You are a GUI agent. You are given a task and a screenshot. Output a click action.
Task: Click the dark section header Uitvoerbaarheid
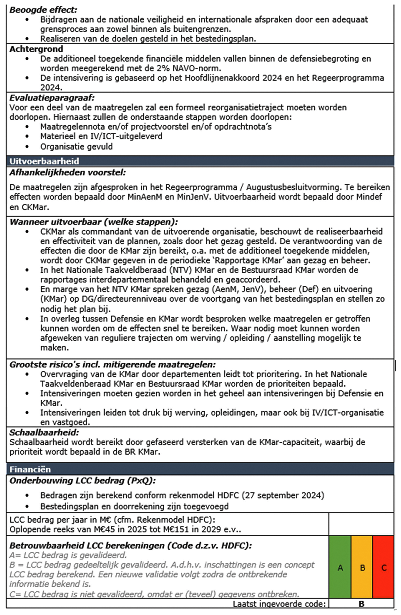coord(44,161)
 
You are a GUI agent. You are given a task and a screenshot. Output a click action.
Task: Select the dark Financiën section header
coord(30,469)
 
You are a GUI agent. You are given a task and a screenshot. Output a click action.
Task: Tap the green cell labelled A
coord(340,568)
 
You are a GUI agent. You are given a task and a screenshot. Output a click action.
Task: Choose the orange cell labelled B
coord(362,568)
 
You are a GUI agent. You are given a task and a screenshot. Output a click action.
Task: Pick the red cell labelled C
coord(384,568)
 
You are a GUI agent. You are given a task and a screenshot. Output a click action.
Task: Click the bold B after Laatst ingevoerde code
coord(361,604)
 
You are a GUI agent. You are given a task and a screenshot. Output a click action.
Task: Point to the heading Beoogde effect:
coord(43,10)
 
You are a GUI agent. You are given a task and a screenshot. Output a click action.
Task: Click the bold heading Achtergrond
coord(36,49)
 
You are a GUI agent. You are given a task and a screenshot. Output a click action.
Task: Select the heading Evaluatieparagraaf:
coord(52,98)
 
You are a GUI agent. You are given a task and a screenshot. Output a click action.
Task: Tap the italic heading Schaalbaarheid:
coord(44,432)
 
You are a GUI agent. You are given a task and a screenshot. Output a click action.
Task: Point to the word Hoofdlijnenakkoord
coord(215,78)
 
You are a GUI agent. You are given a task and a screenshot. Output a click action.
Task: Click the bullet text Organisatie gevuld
coord(77,147)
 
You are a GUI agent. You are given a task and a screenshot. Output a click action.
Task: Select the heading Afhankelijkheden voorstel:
coord(68,172)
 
